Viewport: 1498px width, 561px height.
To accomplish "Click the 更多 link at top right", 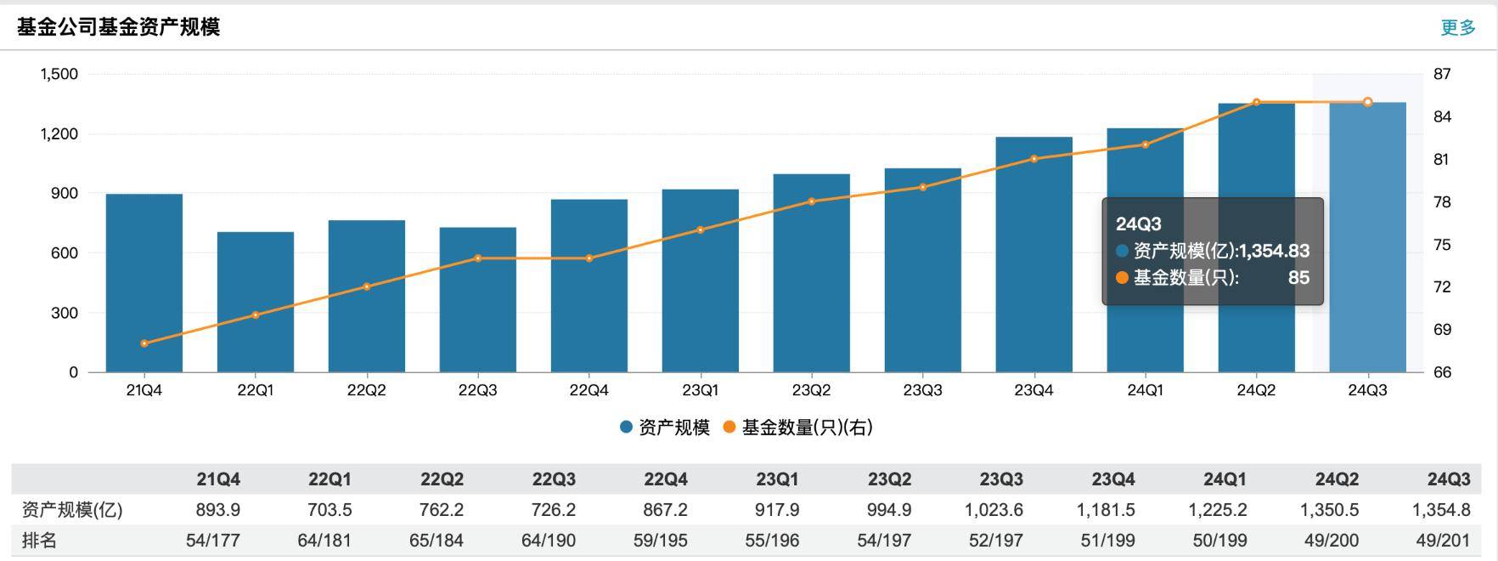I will [x=1458, y=27].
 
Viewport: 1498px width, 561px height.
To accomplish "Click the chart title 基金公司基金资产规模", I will [x=118, y=27].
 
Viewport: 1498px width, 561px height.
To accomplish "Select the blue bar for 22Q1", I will [x=255, y=302].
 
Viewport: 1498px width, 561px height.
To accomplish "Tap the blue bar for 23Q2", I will [x=811, y=272].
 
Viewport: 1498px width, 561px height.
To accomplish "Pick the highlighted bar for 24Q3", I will [x=1367, y=238].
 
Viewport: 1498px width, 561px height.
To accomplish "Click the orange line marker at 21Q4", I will [x=144, y=343].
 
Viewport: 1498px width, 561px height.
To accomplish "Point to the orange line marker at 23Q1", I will [x=701, y=229].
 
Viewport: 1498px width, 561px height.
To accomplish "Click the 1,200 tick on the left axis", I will [x=59, y=133].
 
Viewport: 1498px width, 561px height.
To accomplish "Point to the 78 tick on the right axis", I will [x=1442, y=202].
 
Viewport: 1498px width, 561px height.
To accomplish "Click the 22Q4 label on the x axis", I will [x=588, y=390].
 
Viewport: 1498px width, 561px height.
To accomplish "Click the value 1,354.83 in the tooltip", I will [x=1274, y=251].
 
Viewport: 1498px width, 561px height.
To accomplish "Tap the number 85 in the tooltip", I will [x=1298, y=278].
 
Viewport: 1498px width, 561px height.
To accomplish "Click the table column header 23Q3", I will [x=1001, y=479].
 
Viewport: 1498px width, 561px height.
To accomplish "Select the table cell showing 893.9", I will [x=217, y=510].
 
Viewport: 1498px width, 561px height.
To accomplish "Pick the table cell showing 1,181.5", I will [x=1112, y=510].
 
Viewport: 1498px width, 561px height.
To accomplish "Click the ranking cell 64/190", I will [x=549, y=541].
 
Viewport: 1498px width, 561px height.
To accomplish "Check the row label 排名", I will [x=39, y=541].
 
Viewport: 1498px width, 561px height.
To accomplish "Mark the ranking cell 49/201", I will [x=1444, y=541].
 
